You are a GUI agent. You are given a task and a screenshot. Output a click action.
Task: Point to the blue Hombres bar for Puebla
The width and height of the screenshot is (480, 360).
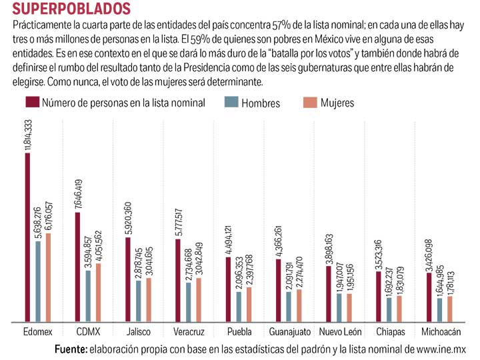coord(239,305)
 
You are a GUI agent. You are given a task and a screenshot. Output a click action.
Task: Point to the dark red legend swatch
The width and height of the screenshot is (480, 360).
coord(32,103)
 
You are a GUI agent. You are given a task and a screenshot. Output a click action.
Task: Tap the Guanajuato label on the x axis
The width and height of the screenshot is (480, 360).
coord(289,331)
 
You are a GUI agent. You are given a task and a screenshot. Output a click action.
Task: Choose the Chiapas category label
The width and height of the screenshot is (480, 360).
coord(390,331)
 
